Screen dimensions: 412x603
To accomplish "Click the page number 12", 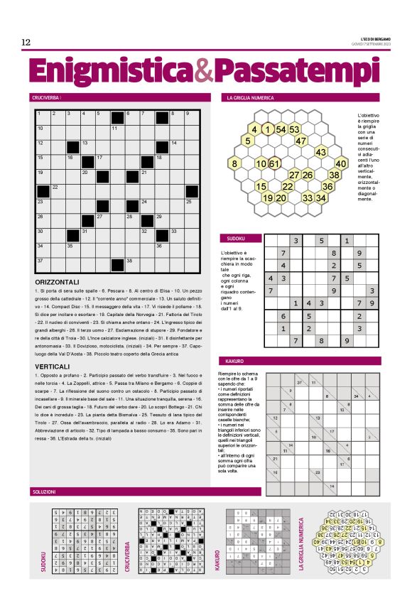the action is [26, 43].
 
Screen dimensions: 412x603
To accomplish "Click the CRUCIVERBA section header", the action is [45, 97].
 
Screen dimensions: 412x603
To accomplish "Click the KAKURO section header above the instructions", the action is [234, 361].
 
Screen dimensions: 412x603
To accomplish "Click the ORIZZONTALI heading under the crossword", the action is [62, 282].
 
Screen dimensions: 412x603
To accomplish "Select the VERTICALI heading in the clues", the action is [57, 366].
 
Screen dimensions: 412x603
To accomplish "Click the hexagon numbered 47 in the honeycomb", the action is [300, 140].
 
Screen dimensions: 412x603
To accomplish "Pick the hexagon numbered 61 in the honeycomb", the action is [274, 163].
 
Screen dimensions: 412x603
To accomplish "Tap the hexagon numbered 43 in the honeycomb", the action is [320, 152].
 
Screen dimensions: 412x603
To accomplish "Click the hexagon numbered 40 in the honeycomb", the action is [340, 163].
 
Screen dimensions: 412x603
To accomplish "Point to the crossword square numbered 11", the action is [117, 131].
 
